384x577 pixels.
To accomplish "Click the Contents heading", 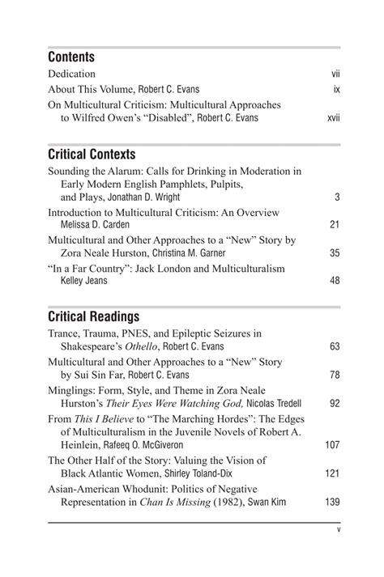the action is [71, 57].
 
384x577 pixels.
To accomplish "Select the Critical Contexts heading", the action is [92, 154].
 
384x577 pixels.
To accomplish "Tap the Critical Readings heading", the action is [93, 316].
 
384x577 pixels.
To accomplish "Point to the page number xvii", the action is [333, 117].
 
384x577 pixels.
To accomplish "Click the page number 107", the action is [332, 444].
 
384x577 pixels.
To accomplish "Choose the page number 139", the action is [332, 502].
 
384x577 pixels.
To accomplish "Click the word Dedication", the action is [71, 74].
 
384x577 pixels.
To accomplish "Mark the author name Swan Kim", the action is [270, 502].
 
